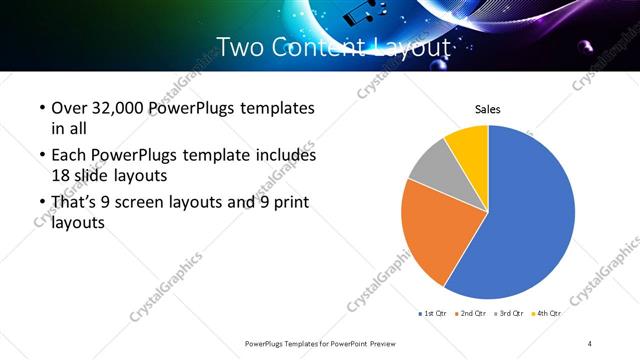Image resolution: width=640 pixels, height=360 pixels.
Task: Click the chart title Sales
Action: pyautogui.click(x=487, y=110)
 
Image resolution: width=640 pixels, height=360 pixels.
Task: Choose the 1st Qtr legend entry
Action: pyautogui.click(x=433, y=313)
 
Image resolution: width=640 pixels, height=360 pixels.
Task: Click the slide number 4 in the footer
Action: pyautogui.click(x=590, y=343)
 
